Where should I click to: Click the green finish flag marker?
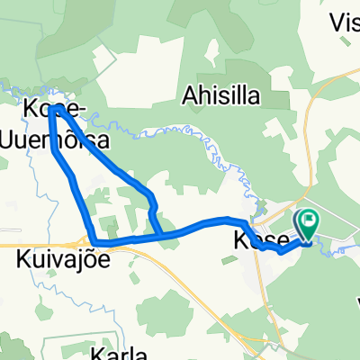point(308,219)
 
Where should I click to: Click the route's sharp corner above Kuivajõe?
point(94,239)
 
